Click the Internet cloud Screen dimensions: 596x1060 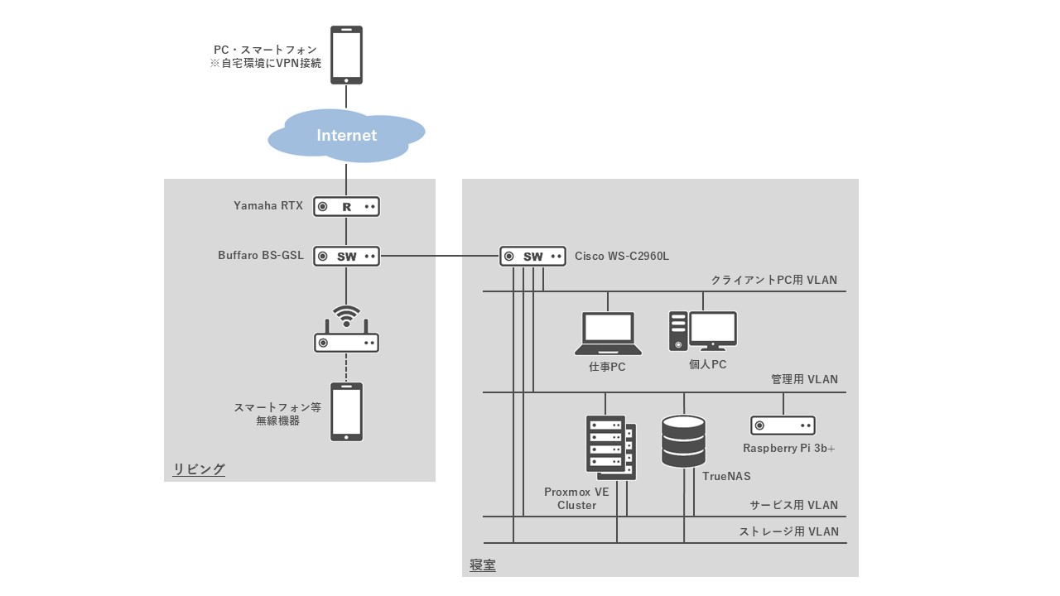coord(346,135)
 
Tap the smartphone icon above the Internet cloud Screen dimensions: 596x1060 coord(346,55)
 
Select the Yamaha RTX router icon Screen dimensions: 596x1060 coord(346,206)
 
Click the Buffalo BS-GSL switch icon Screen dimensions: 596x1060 coord(346,256)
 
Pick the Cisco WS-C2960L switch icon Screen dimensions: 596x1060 coord(532,256)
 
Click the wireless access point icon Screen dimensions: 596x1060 coord(346,331)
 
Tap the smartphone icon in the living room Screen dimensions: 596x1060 coord(346,411)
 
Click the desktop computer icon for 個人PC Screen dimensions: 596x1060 coord(703,331)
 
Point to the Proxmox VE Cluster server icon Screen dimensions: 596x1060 coord(611,447)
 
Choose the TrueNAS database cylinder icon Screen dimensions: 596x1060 coord(684,441)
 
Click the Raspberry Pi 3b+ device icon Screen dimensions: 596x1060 coord(783,425)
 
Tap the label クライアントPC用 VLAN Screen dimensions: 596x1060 coord(773,280)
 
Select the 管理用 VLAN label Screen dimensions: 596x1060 coord(804,379)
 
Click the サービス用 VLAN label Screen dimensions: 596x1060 coord(793,505)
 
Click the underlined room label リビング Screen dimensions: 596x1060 coord(199,469)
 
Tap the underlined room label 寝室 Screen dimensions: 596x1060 coord(483,565)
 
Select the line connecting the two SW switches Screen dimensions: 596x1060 coord(439,256)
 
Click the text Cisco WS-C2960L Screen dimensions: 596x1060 coord(622,257)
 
